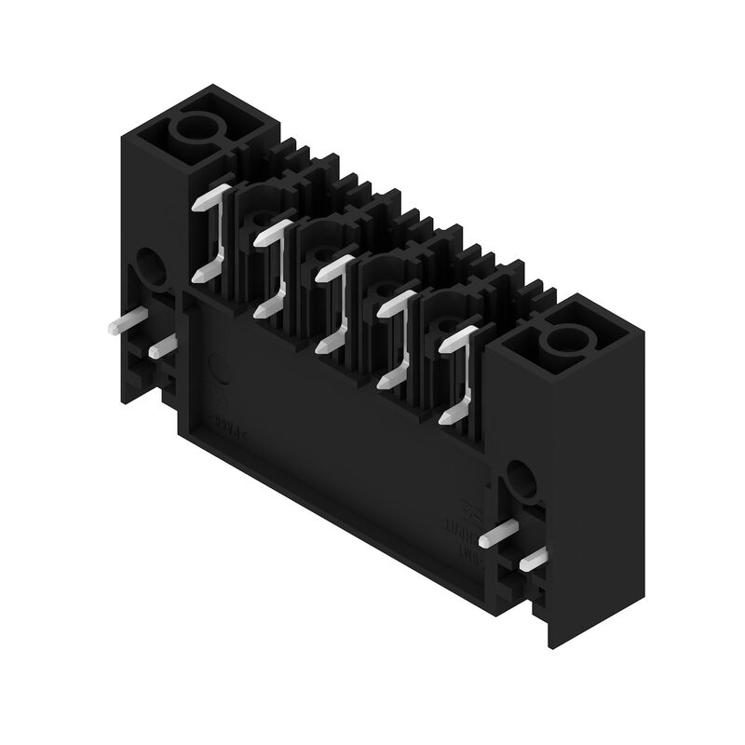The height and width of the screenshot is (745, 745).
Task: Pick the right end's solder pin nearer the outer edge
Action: [x=533, y=559]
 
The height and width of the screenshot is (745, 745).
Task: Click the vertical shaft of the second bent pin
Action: [x=278, y=270]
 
